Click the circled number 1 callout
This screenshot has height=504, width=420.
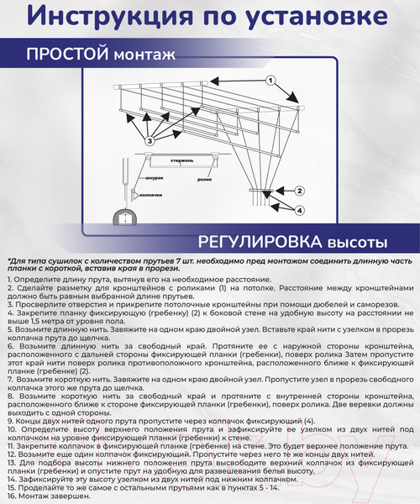tap(271, 81)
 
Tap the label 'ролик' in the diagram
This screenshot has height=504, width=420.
tap(204, 179)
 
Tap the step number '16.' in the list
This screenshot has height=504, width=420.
tap(12, 498)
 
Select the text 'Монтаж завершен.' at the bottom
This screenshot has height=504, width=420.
tap(55, 498)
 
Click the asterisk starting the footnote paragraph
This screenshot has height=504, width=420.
tap(8, 260)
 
